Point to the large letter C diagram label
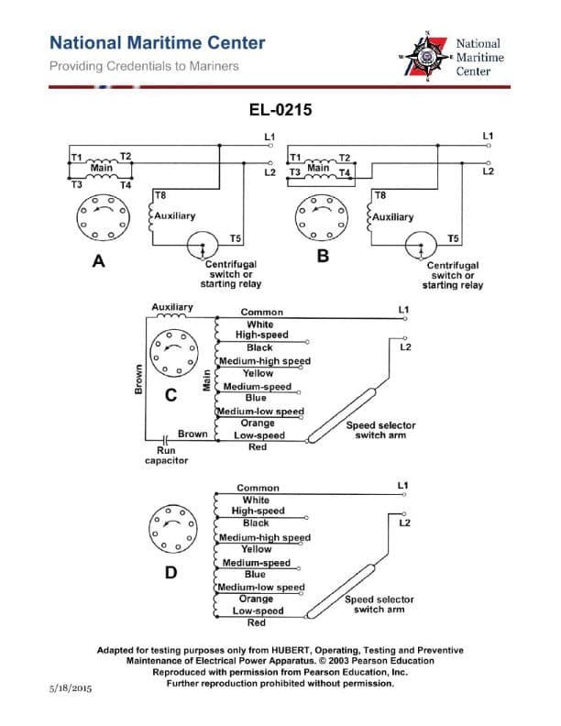click(170, 396)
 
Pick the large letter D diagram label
click(170, 573)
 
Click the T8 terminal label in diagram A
click(160, 195)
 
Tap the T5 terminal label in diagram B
click(453, 238)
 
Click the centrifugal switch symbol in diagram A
click(199, 247)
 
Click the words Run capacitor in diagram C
click(166, 456)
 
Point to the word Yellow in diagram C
click(258, 373)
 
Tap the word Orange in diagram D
click(256, 599)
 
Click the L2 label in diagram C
click(406, 346)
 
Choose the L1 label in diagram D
click(403, 484)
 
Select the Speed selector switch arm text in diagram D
click(379, 604)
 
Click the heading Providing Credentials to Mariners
click(144, 66)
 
